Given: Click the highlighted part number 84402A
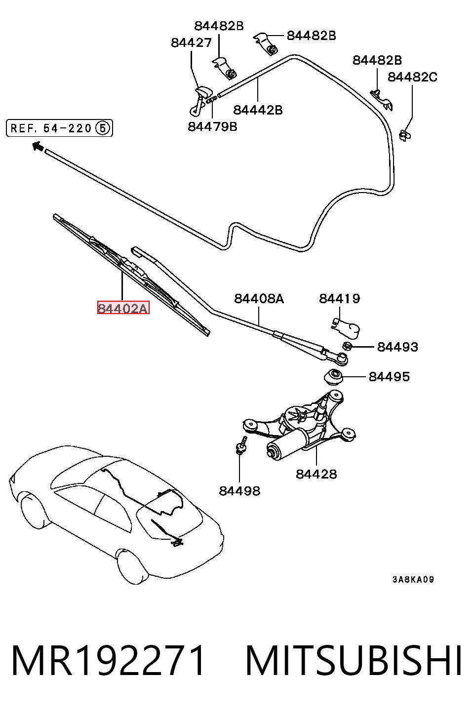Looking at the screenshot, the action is (123, 308).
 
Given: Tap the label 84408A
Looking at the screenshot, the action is (259, 299).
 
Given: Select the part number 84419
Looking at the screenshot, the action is (339, 299).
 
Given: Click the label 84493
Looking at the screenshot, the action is (397, 347).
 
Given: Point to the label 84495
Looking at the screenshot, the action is (389, 377).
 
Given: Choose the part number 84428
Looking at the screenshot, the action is (316, 474).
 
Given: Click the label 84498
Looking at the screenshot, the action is (239, 491).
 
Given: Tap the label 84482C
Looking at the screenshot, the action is (412, 77).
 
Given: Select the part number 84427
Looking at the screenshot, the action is (191, 42).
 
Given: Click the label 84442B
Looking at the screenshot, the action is (258, 110).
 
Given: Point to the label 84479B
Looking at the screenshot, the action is (212, 127).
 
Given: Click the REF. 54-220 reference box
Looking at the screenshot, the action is (60, 128).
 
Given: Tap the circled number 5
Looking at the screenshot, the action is (102, 128).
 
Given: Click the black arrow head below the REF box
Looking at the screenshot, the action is (38, 146).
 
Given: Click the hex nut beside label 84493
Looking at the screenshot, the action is (347, 346).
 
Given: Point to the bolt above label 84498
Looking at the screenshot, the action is (241, 444).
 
